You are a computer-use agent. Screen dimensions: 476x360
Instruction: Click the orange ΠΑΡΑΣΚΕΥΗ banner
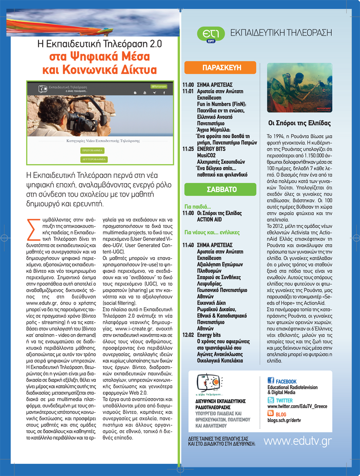coord(220,67)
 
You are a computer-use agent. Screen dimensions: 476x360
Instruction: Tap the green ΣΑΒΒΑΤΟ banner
coord(220,189)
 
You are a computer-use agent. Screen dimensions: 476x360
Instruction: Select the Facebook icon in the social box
coord(271,380)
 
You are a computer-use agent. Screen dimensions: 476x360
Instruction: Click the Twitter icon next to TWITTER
coord(271,400)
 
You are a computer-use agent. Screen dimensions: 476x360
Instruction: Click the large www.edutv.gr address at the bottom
coord(297,441)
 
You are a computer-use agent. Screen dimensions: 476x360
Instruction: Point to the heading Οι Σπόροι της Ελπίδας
coord(299,123)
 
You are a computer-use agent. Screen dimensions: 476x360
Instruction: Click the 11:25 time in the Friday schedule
coord(188,149)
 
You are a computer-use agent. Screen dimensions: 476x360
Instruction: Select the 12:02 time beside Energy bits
coord(188,335)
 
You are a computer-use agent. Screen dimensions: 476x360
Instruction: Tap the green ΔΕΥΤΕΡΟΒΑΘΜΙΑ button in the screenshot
coord(94,159)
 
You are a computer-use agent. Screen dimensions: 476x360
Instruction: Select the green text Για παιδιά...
coord(198,207)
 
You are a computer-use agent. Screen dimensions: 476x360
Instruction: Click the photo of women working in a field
coord(299,87)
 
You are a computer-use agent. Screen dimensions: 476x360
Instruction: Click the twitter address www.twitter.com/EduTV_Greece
coord(297,406)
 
